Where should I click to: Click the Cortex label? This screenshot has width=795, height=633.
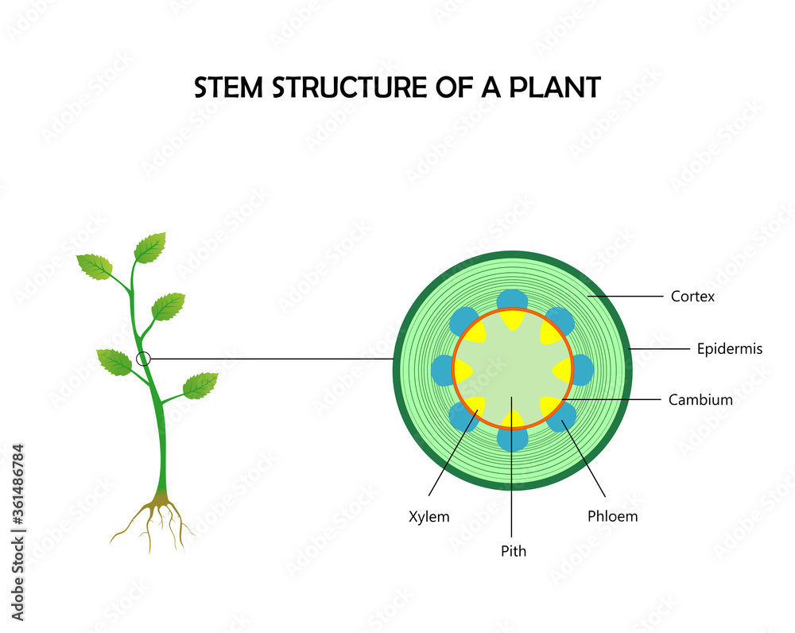pyautogui.click(x=692, y=297)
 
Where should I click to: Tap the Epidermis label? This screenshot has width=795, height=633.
pyautogui.click(x=729, y=348)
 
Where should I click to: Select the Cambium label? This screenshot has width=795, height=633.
pyautogui.click(x=700, y=400)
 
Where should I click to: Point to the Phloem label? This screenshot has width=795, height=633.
pyautogui.click(x=612, y=516)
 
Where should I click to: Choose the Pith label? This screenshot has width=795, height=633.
pyautogui.click(x=513, y=550)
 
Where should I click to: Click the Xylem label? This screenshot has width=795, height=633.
pyautogui.click(x=429, y=516)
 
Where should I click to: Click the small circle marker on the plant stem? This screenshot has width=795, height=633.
pyautogui.click(x=143, y=359)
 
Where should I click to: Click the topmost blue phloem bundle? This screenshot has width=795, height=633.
pyautogui.click(x=513, y=300)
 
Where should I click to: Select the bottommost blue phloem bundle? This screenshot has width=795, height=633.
pyautogui.click(x=513, y=439)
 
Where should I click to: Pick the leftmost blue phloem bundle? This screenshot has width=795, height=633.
pyautogui.click(x=442, y=370)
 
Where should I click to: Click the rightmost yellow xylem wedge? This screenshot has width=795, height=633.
pyautogui.click(x=563, y=370)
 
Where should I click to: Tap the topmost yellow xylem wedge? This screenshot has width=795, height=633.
pyautogui.click(x=513, y=319)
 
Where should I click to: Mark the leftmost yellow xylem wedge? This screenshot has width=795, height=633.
pyautogui.click(x=463, y=370)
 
